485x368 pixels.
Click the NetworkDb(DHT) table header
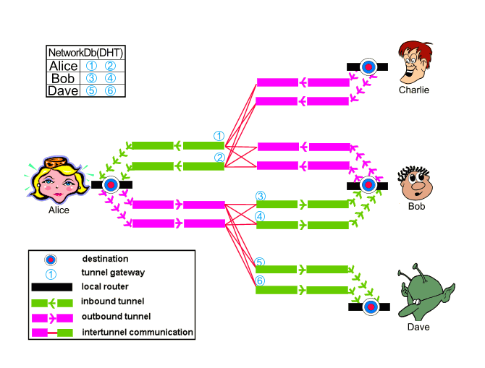pos(85,52)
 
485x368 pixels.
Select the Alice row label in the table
pos(64,66)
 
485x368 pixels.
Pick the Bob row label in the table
pos(64,78)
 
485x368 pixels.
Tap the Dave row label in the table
pos(64,90)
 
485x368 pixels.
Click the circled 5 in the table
pos(91,91)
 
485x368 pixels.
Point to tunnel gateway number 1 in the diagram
pos(219,136)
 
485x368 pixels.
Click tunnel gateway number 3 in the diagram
pos(261,196)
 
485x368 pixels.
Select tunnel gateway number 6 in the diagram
pos(261,281)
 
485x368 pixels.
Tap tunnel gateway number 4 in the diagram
pos(261,216)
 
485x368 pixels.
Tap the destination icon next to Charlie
pos(368,67)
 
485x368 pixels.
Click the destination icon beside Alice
pos(110,184)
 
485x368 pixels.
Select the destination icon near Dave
pos(371,307)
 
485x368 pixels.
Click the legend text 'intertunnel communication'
pos(137,333)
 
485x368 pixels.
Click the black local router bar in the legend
pos(52,288)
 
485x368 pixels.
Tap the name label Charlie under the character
pos(413,90)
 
